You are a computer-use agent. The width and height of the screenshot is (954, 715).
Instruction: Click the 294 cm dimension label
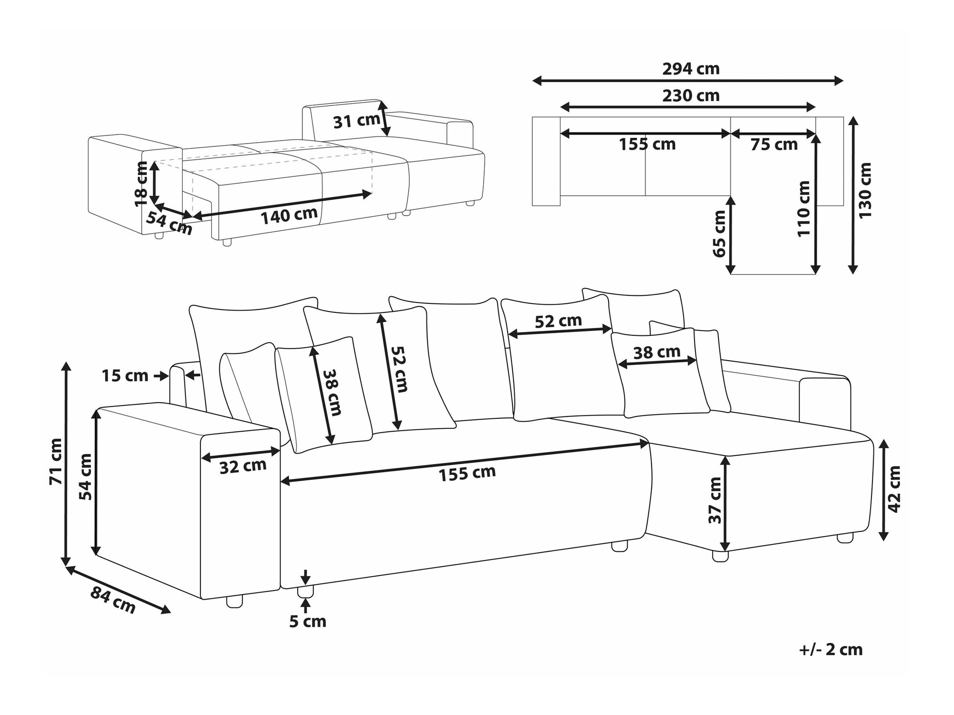[691, 69]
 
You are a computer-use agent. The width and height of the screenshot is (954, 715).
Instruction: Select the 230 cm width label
[691, 96]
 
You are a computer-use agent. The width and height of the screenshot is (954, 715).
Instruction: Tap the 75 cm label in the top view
[774, 145]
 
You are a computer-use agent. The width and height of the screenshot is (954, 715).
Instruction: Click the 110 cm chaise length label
[804, 209]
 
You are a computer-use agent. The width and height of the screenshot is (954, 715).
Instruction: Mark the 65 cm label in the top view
[719, 234]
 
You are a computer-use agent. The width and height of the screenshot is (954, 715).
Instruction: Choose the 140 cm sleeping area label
[289, 216]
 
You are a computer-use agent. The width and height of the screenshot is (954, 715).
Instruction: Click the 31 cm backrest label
[356, 122]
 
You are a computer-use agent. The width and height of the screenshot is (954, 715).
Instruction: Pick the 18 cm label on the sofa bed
[142, 184]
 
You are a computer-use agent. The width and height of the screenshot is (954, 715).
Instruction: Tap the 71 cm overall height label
[56, 461]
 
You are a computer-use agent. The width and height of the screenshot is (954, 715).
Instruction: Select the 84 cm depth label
[113, 601]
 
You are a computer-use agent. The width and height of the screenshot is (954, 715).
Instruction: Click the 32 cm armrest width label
[243, 466]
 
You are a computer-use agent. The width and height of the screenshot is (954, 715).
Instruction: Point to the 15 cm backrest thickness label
[125, 376]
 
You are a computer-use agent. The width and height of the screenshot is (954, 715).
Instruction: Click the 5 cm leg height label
[308, 622]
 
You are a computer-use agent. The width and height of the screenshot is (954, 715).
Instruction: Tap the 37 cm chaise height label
[715, 500]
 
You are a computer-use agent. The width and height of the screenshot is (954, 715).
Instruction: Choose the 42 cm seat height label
[894, 489]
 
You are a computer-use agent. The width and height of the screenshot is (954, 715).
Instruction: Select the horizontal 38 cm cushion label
[657, 352]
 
